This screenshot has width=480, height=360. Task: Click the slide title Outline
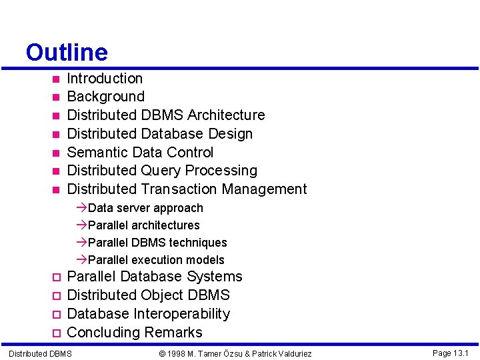pyautogui.click(x=66, y=52)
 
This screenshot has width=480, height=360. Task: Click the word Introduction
pyautogui.click(x=105, y=79)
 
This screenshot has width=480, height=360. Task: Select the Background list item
pyautogui.click(x=105, y=97)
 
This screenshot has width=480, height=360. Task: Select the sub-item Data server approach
pyautogui.click(x=145, y=208)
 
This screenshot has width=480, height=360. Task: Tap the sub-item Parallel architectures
pyautogui.click(x=143, y=225)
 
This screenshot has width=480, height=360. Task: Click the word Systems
pyautogui.click(x=215, y=277)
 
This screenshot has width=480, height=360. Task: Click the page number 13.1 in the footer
pyautogui.click(x=461, y=353)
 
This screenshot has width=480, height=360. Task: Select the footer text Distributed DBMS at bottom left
pyautogui.click(x=40, y=353)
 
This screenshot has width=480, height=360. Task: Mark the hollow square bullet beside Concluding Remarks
pyautogui.click(x=57, y=333)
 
